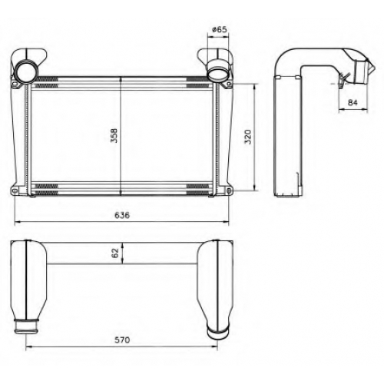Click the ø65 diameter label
pyautogui.click(x=220, y=30)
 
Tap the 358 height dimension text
pyautogui.click(x=114, y=135)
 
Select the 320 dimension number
pyautogui.click(x=248, y=137)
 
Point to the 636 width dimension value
pyautogui.click(x=122, y=215)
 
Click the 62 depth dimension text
pyautogui.click(x=116, y=253)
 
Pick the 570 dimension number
pyautogui.click(x=122, y=340)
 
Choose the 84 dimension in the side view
pyautogui.click(x=353, y=102)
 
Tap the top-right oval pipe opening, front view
pyautogui.click(x=218, y=73)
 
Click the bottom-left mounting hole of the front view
pyautogui.click(x=15, y=190)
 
